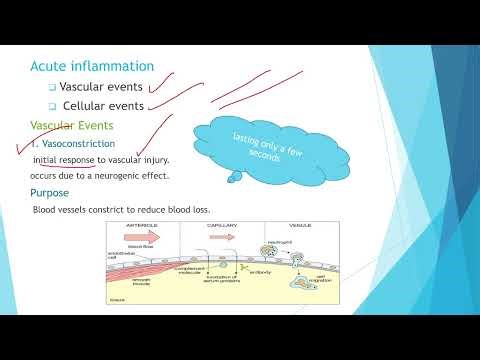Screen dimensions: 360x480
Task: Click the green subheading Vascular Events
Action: pos(72,126)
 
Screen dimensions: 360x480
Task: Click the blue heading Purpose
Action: pos(50,193)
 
